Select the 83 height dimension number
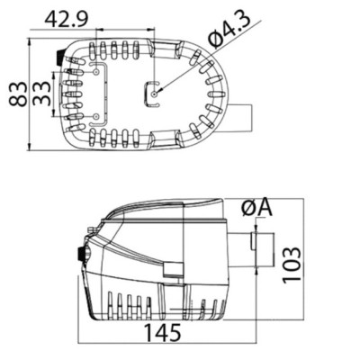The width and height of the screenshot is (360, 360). tap(17, 91)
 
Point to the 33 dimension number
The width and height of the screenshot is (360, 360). tap(41, 91)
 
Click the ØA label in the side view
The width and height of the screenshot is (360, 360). tap(256, 209)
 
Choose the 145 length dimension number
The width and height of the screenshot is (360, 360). tap(163, 330)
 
